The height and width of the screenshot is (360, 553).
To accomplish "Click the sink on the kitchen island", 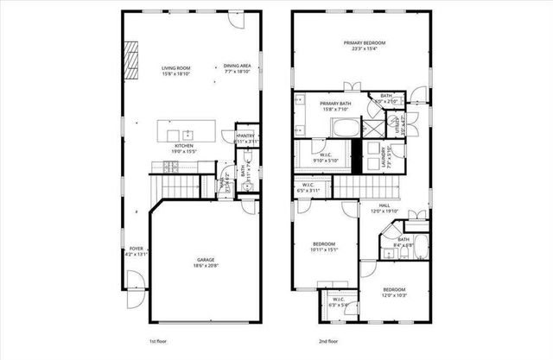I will point(186,134).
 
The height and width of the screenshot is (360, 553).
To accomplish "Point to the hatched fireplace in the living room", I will point(132,60).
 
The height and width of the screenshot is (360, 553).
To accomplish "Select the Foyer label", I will point(130,251).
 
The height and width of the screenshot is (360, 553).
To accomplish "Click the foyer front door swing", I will point(135,281).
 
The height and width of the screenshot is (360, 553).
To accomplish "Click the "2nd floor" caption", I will point(327,342).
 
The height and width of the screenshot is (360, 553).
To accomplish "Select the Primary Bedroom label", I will point(363,46).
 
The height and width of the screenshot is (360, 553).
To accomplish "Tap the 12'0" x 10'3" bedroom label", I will point(393,293).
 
